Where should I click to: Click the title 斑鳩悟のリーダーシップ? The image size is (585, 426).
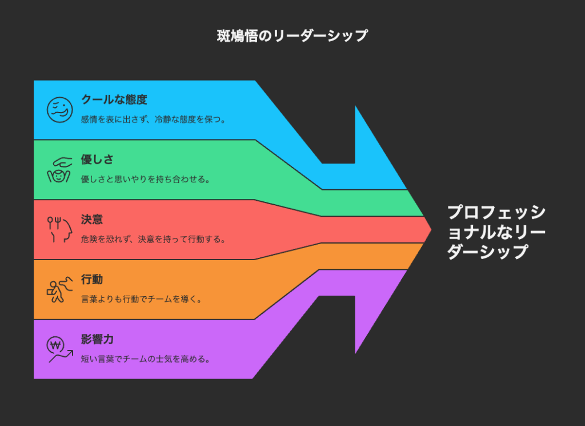pos(292,36)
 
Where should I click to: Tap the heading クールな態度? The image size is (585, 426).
pos(114,99)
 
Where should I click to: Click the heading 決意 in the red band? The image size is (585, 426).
pos(92,219)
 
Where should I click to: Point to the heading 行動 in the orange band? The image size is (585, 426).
pos(92,279)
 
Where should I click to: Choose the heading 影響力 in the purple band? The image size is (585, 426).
pos(97,339)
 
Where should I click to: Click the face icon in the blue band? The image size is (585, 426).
pos(59,110)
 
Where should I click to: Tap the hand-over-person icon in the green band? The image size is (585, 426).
pos(59,170)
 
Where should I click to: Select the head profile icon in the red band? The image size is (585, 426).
pos(59,230)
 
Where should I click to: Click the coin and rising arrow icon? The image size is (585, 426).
pos(59,349)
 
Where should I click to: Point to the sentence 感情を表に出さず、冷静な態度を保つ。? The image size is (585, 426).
pos(153,120)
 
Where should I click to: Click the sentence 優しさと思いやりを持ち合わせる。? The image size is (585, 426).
pos(146,179)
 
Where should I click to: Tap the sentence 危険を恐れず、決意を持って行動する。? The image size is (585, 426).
pos(153,239)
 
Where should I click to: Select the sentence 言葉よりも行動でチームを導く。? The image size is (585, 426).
pos(142,299)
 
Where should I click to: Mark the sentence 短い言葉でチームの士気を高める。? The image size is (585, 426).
pos(146,359)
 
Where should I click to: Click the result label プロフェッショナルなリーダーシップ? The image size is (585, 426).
pos(496,232)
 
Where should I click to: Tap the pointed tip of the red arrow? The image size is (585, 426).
pos(431,230)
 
